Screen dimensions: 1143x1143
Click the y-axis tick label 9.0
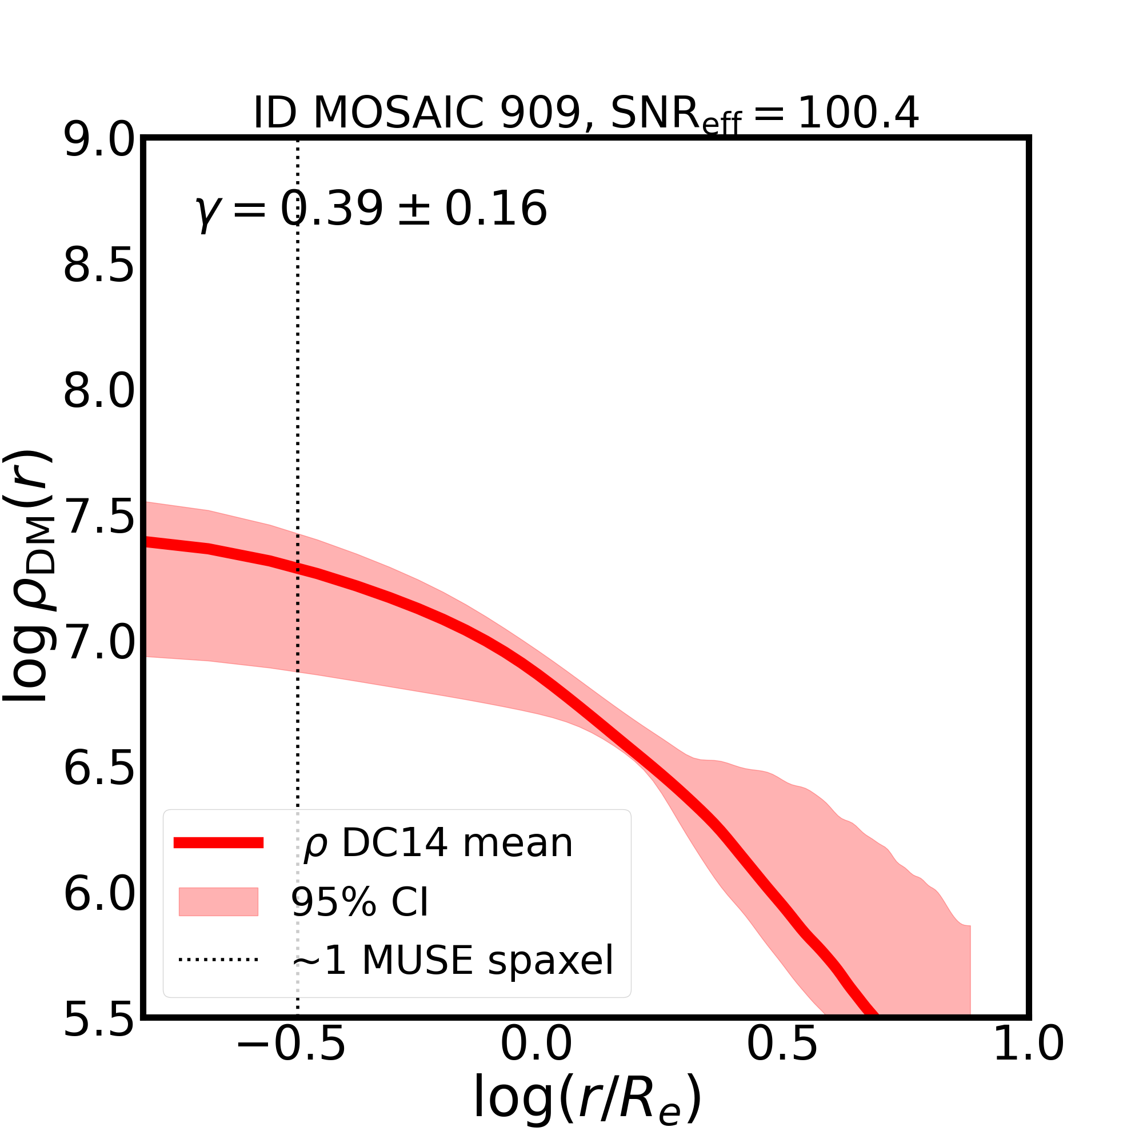pos(99,141)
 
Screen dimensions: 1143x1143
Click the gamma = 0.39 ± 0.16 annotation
pos(371,210)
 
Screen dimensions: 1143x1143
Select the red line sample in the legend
pos(218,843)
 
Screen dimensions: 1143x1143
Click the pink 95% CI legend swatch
pos(218,902)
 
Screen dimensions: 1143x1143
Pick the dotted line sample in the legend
pos(218,960)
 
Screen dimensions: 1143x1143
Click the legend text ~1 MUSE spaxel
pos(453,960)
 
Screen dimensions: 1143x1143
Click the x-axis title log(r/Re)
pos(587,1106)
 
